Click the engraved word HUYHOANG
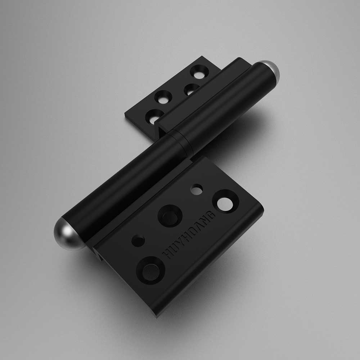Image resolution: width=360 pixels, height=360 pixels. coord(189,235)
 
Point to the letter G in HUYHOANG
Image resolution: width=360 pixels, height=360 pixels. coord(211,215)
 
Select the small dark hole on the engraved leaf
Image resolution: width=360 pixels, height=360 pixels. coord(139,241)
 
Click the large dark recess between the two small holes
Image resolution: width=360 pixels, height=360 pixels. coord(170,216)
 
